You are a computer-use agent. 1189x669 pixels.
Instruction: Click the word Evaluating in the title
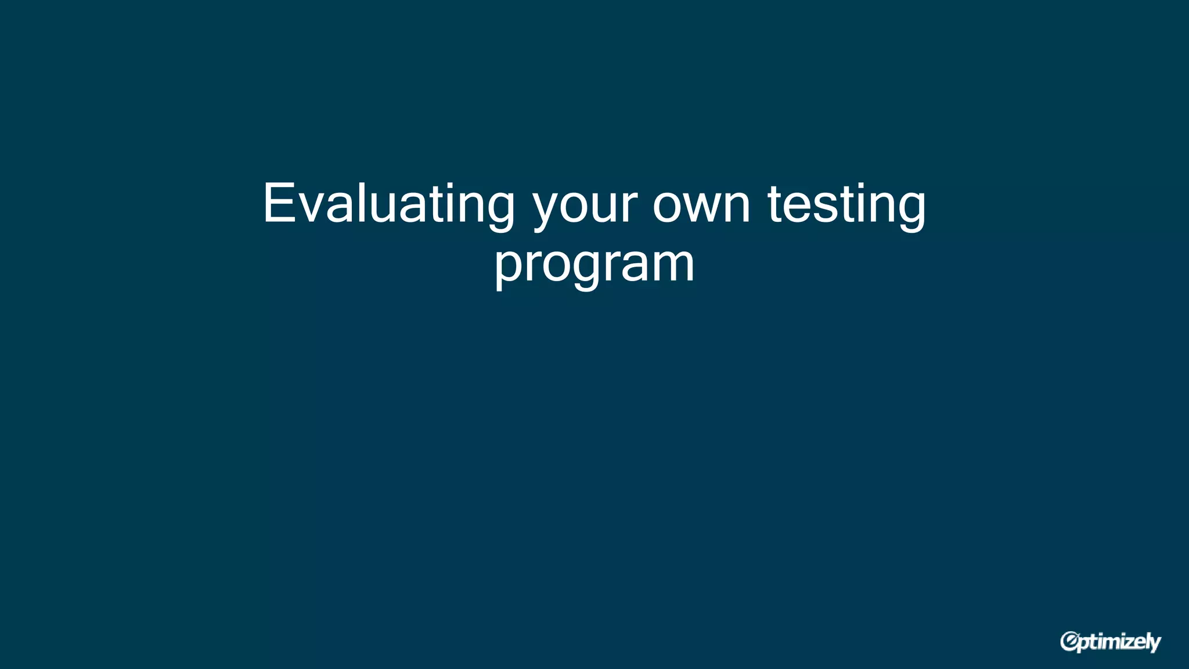tap(388, 204)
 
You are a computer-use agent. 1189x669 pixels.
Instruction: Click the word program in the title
tap(594, 265)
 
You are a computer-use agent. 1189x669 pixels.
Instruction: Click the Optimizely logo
tap(1110, 642)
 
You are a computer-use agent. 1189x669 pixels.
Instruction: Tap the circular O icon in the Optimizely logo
tap(1069, 641)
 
